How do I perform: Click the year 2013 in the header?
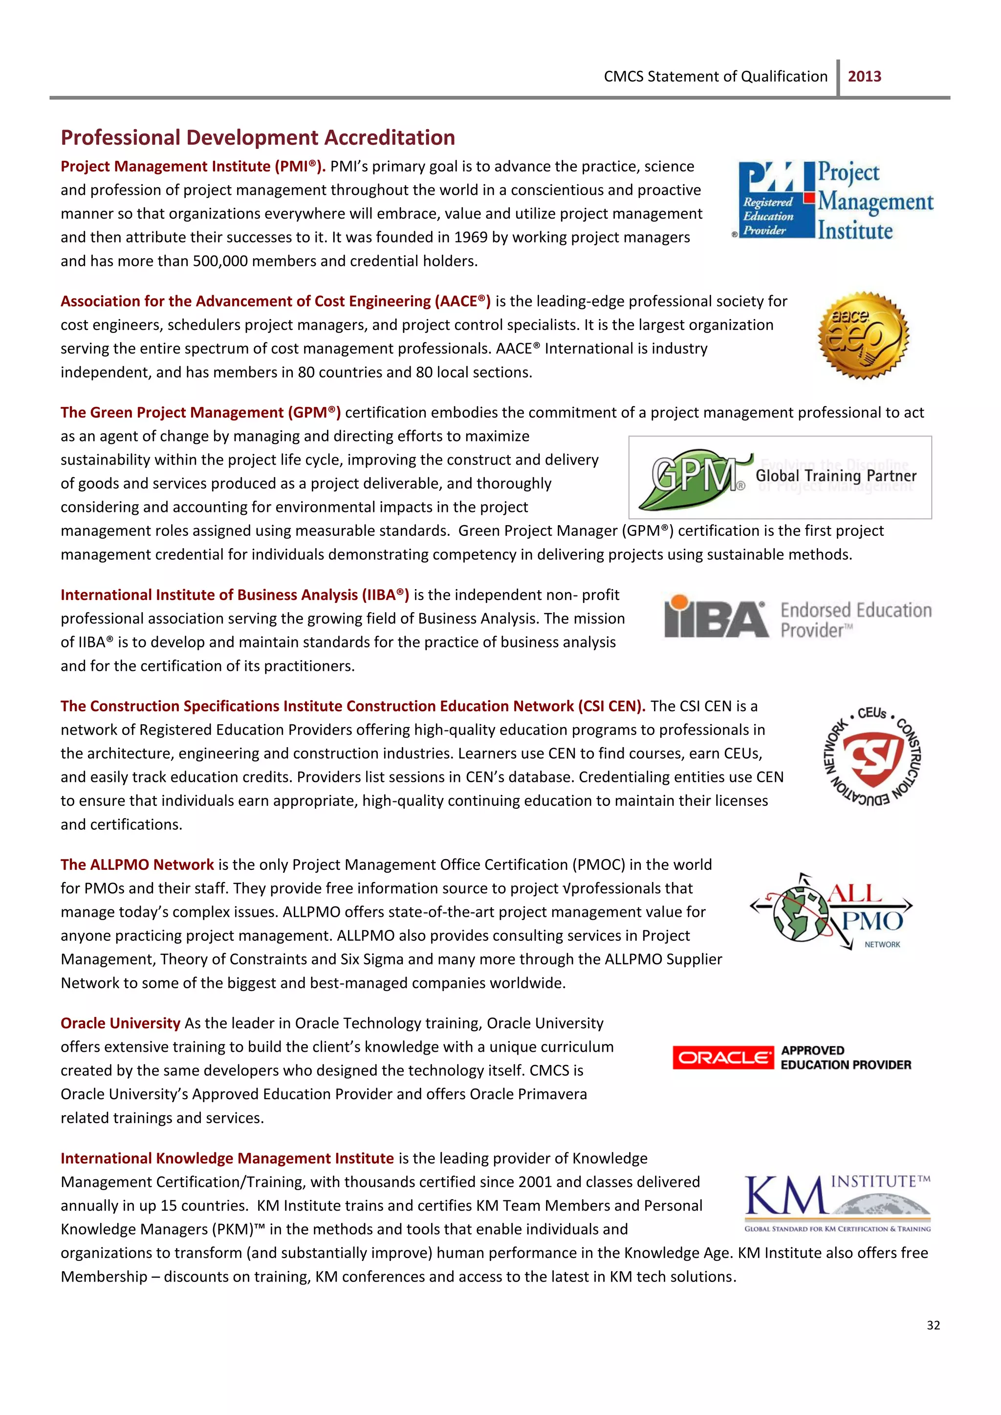(x=864, y=76)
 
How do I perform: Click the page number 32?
(x=933, y=1325)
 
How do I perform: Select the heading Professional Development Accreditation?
(x=258, y=137)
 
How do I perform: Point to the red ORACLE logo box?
(x=722, y=1058)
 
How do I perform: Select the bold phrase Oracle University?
(x=120, y=1023)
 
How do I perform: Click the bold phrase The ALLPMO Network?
(x=137, y=865)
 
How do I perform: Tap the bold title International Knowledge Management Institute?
(x=227, y=1158)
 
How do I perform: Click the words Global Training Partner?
(x=836, y=476)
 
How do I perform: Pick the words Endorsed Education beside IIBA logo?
(x=855, y=610)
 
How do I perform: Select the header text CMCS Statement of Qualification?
(x=715, y=76)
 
